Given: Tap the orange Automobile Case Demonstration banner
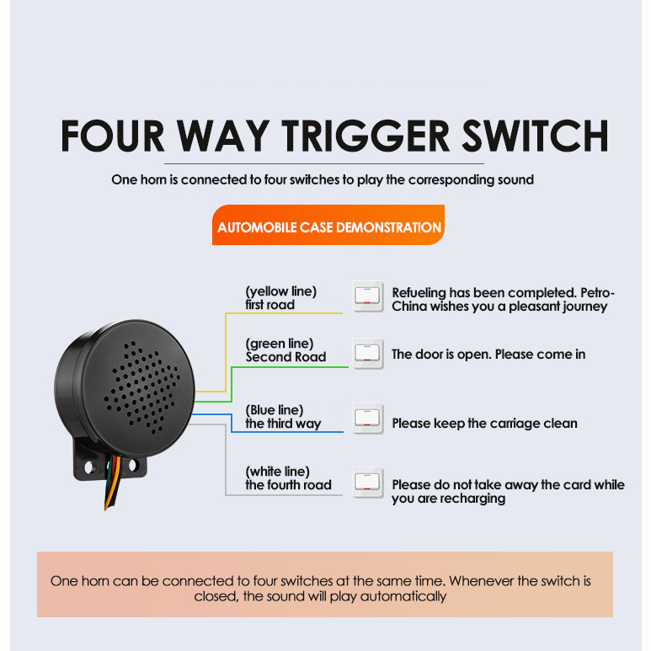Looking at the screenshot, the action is tap(328, 225).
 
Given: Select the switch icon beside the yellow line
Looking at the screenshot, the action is tap(367, 296).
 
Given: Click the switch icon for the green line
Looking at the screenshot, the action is tap(367, 354).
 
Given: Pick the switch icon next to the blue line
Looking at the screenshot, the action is tap(367, 419).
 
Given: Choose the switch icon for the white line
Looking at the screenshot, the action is tap(367, 483).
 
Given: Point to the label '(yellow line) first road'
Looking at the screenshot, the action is tap(280, 297).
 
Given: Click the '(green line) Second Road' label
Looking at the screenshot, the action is tap(285, 350).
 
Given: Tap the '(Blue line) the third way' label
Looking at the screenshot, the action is tap(283, 416).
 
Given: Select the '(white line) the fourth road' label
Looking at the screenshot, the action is tap(288, 478).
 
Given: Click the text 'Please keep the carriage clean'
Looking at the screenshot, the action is tap(484, 423).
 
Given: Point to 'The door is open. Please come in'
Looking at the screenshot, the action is tap(488, 355).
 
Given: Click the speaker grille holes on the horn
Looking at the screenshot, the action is tap(142, 387).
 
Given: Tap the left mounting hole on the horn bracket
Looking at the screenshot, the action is tap(88, 467).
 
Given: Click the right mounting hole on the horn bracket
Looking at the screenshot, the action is tap(132, 465).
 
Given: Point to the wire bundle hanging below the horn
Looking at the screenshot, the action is tap(112, 483).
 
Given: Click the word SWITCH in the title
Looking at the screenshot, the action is tap(535, 136).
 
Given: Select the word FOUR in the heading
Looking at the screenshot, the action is tap(112, 136).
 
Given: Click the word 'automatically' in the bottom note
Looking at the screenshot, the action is tap(403, 596).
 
